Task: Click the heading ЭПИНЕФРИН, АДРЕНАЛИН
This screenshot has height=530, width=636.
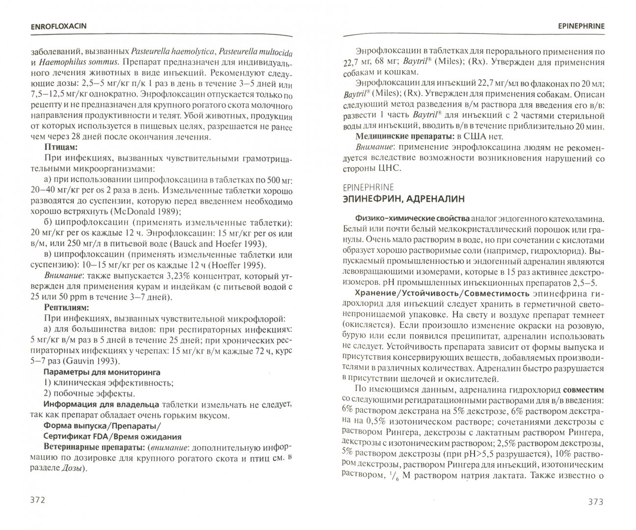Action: (406, 198)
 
